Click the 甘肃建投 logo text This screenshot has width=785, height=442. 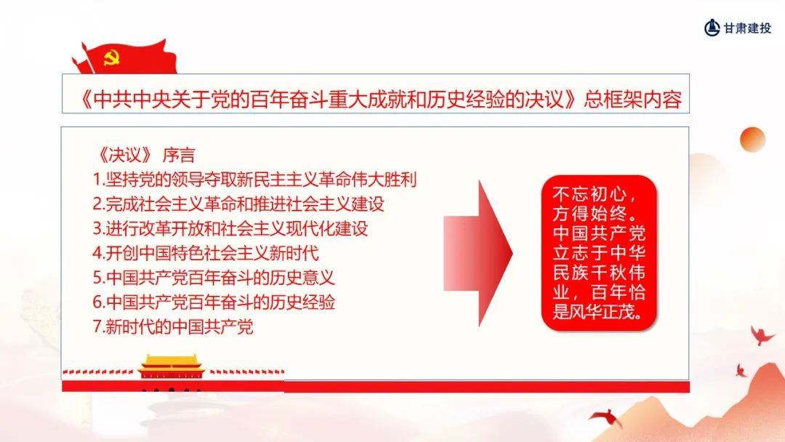(x=747, y=28)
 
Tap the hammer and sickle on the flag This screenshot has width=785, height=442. (x=111, y=57)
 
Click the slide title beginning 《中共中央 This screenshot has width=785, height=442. (x=380, y=99)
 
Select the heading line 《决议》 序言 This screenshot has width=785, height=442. (x=145, y=155)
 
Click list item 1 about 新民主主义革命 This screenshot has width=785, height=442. (x=255, y=180)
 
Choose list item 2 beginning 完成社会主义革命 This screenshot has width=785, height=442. (x=238, y=204)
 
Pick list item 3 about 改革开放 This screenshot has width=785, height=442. (x=230, y=228)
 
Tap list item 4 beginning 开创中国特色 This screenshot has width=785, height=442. (x=206, y=253)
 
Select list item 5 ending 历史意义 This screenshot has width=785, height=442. (x=214, y=277)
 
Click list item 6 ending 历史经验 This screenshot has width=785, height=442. (x=214, y=302)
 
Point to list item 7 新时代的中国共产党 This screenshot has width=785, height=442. (x=173, y=326)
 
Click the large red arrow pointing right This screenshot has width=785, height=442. (x=478, y=253)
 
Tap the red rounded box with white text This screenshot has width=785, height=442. (x=599, y=253)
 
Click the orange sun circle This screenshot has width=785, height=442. (x=752, y=139)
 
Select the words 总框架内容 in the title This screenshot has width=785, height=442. (x=633, y=99)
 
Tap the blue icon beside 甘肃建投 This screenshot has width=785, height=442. (x=712, y=28)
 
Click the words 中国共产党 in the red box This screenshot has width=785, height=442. (x=599, y=233)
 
